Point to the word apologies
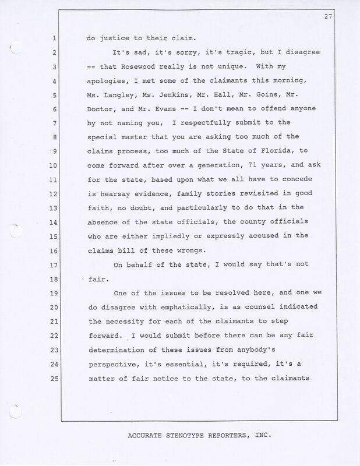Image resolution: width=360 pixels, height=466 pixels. (109, 82)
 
